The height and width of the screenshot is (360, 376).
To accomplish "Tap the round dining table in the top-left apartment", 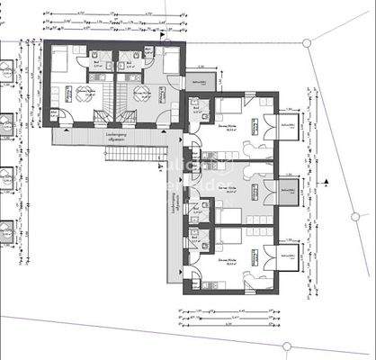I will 85,96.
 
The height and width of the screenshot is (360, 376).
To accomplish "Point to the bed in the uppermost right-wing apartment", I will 225,112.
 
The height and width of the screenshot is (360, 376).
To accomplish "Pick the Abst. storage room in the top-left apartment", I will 55,114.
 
